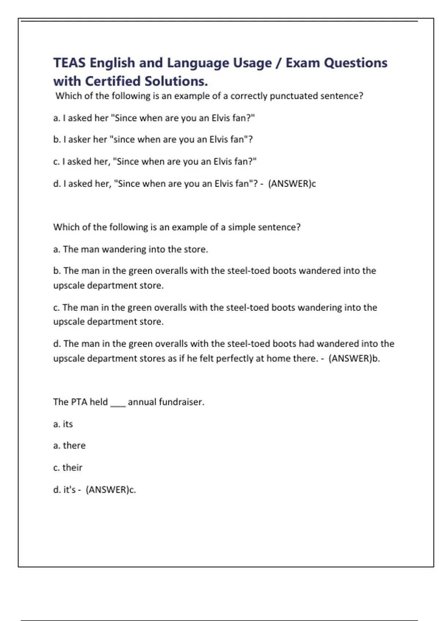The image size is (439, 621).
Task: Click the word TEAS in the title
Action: (x=70, y=63)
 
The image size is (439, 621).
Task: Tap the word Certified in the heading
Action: (x=113, y=81)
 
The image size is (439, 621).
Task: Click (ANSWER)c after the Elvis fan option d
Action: (x=292, y=183)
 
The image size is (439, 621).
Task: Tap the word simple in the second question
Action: (x=242, y=227)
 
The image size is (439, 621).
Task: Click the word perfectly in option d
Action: (x=234, y=358)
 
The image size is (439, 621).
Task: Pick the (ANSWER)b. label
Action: (x=354, y=358)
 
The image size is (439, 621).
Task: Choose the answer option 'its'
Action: (x=68, y=424)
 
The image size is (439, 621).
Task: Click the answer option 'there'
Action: (x=74, y=446)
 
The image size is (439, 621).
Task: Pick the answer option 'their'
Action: (x=72, y=468)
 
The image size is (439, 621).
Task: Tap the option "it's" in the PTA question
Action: (x=70, y=489)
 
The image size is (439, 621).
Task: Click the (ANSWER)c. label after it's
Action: (x=110, y=489)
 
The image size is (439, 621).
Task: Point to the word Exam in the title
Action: (x=303, y=63)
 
